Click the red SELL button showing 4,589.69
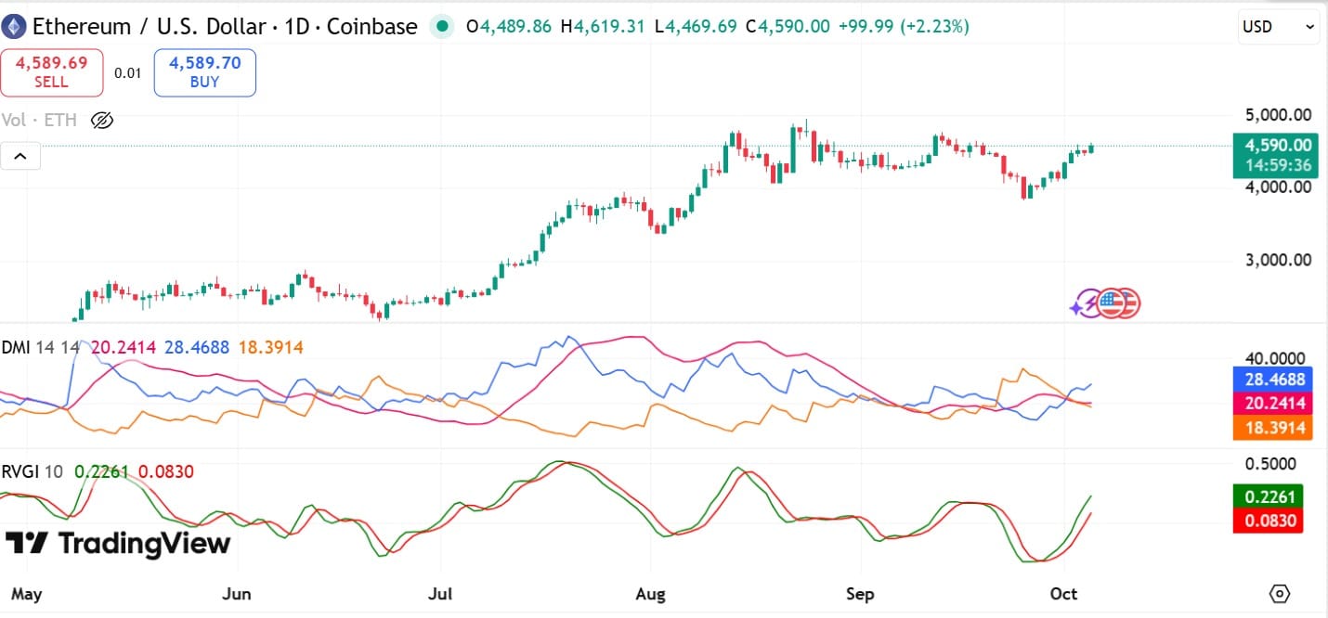coord(52,72)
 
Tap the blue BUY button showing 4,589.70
coord(204,72)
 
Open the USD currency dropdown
coord(1278,27)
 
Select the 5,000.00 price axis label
coord(1279,115)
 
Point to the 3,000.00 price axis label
coord(1279,259)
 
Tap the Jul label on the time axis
coord(440,594)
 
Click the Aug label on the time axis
coord(650,594)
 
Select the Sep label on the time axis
coord(860,594)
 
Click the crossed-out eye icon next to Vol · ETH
coord(102,120)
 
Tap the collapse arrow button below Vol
coord(20,156)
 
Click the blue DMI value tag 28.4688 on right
coord(1272,379)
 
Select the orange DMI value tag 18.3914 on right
coord(1272,427)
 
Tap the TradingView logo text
coord(118,544)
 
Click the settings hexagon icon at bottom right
coord(1280,594)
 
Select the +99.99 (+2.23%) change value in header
coord(903,27)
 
